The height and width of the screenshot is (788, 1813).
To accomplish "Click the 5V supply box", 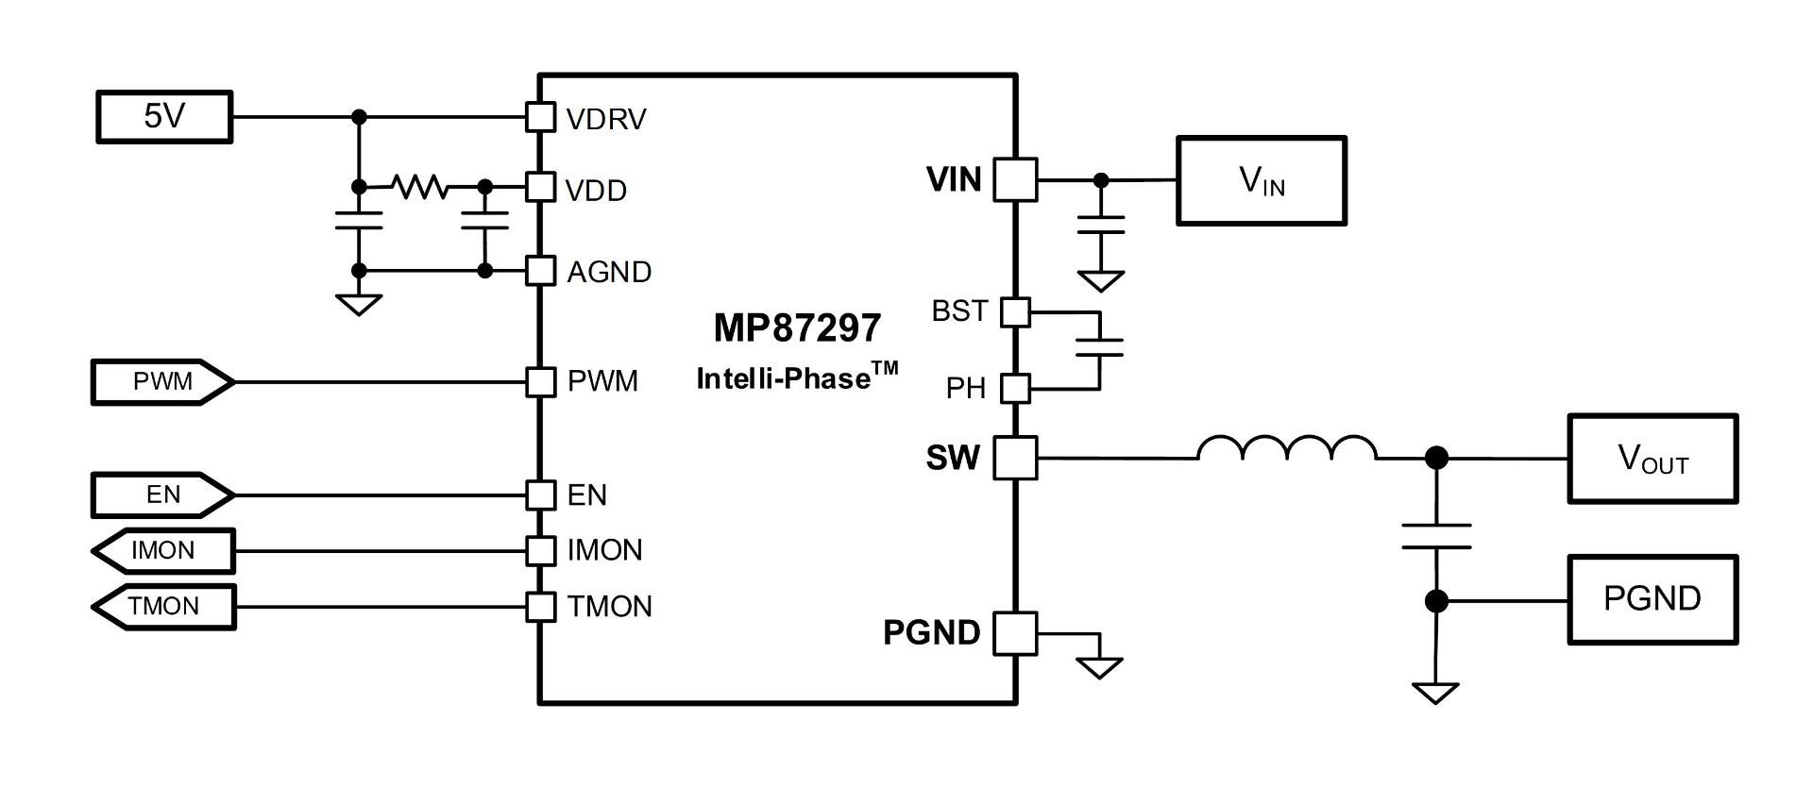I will [x=164, y=117].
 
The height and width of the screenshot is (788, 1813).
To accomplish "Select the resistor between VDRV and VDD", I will [x=421, y=187].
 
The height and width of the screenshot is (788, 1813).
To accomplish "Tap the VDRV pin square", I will [x=540, y=117].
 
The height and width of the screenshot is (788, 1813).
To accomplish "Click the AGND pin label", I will [x=609, y=272].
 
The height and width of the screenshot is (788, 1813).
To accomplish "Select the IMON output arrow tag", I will [x=163, y=550].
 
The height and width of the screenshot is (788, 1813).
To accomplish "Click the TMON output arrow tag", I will [x=163, y=606].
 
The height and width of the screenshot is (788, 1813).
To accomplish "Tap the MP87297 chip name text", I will [x=797, y=327].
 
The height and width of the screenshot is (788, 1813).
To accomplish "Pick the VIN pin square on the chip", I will [x=1016, y=179].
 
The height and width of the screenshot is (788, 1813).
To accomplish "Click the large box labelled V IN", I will [x=1262, y=180].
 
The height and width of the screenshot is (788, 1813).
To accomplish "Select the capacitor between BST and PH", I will [x=1099, y=347].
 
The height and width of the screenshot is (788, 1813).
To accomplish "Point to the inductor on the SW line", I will [x=1286, y=449].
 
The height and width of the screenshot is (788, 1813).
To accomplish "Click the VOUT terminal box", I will [x=1652, y=459].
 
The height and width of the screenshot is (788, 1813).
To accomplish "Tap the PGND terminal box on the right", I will [x=1652, y=599].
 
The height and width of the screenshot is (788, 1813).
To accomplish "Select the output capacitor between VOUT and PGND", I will [x=1436, y=536].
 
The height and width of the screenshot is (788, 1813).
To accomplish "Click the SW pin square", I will [x=1016, y=458].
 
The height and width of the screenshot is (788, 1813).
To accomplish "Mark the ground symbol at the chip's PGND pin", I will [x=1099, y=665].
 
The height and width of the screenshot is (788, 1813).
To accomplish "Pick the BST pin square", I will [x=1015, y=311].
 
